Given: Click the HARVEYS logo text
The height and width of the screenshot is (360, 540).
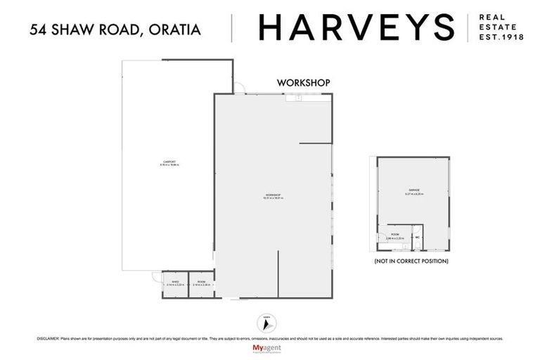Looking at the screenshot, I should [356, 27].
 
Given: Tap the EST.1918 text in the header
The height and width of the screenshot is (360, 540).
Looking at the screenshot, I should [501, 38].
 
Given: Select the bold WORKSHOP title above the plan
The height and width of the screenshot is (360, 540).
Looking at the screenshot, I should [303, 83].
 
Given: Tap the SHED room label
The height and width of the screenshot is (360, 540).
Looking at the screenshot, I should [174, 283].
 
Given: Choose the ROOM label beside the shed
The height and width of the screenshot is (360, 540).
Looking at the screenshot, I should [202, 283].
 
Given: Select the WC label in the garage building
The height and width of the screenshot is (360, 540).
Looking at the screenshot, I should [417, 238].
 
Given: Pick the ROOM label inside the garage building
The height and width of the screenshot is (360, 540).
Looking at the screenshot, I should [395, 236].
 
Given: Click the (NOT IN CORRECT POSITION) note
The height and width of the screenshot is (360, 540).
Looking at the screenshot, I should [412, 261].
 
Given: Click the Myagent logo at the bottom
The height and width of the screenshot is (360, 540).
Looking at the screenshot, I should [270, 349].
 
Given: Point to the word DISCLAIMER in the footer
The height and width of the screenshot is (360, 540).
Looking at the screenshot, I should [50, 338].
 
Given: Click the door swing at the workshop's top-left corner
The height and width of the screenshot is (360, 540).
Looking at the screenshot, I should [240, 90].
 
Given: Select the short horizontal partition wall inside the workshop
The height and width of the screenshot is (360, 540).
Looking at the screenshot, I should [315, 144].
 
